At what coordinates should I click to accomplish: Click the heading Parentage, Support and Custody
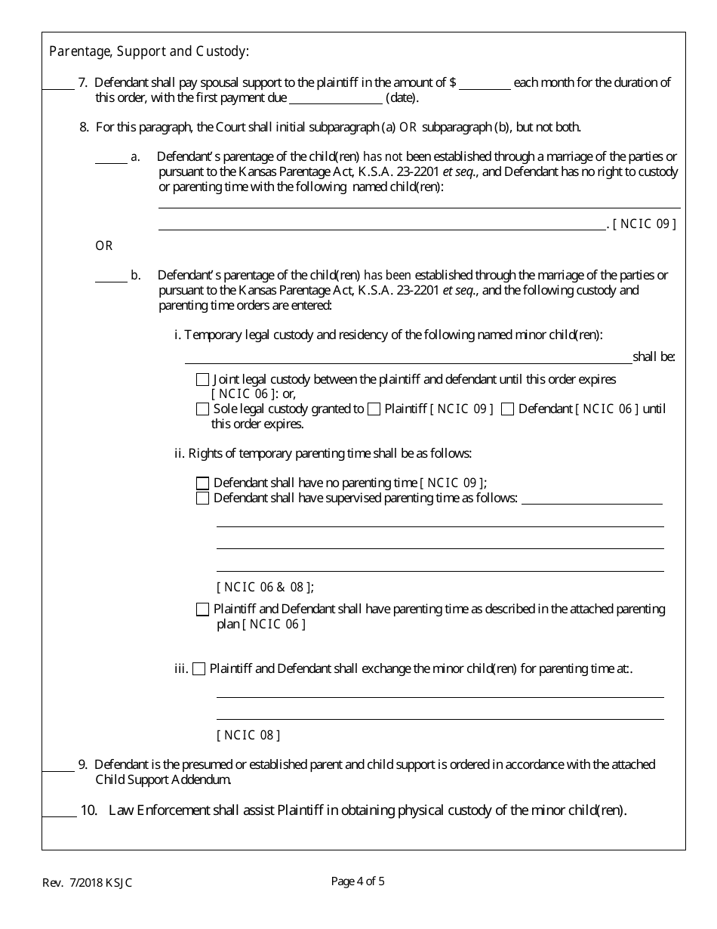pos(149,52)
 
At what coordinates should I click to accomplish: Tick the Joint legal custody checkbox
pos(202,380)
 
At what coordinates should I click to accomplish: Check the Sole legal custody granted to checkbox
pos(202,409)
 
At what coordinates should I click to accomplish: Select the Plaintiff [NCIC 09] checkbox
pos(374,409)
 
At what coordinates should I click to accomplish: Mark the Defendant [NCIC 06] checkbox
pos(508,409)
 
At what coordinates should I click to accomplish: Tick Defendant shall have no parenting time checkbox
pos(202,483)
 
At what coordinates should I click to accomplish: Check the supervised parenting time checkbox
pos(202,498)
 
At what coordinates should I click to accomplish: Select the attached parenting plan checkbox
pos(202,610)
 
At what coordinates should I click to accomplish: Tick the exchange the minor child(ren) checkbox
pos(198,669)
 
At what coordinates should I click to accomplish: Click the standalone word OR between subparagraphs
pos(103,246)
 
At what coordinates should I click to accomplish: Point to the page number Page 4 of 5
pos(358,881)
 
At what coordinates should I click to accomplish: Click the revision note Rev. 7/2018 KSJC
pos(87,882)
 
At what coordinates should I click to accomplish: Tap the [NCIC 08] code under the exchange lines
pos(248,735)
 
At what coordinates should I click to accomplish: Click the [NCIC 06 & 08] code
pos(265,587)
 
